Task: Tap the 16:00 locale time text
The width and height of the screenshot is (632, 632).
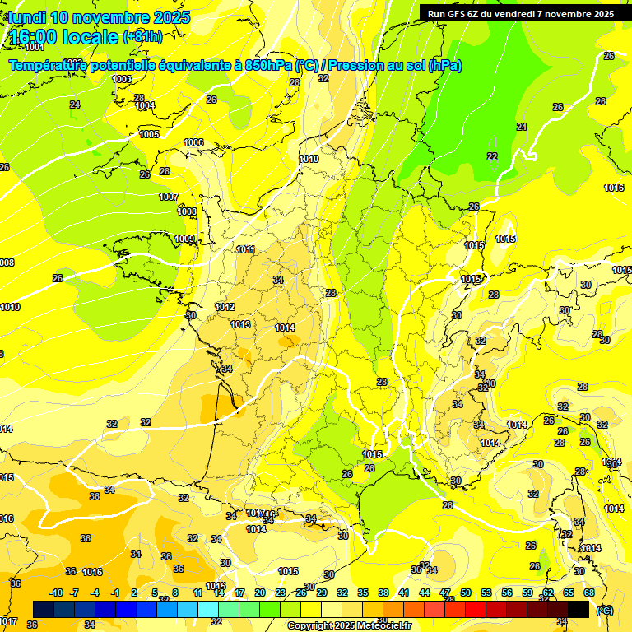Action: click(63, 36)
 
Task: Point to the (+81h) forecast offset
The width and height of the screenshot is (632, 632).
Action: click(143, 37)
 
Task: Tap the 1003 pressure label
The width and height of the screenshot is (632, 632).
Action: click(122, 79)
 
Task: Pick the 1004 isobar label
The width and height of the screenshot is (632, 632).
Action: click(145, 105)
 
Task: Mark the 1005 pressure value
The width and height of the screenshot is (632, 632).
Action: click(149, 134)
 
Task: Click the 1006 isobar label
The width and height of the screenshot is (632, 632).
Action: click(193, 142)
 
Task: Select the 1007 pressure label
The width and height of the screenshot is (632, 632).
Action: click(169, 197)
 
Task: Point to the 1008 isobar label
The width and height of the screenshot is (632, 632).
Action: click(187, 211)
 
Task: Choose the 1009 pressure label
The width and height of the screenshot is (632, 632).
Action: click(184, 239)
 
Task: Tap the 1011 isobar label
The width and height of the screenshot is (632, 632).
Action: click(245, 249)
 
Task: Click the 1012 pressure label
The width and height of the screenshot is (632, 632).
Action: click(225, 307)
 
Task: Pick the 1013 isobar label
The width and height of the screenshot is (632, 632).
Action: click(240, 324)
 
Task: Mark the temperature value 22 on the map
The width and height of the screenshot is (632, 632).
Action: click(492, 156)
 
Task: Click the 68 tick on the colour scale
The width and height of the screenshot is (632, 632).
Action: click(589, 592)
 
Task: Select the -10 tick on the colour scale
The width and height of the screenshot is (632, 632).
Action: click(57, 592)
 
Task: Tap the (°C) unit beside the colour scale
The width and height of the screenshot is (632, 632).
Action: click(604, 610)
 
